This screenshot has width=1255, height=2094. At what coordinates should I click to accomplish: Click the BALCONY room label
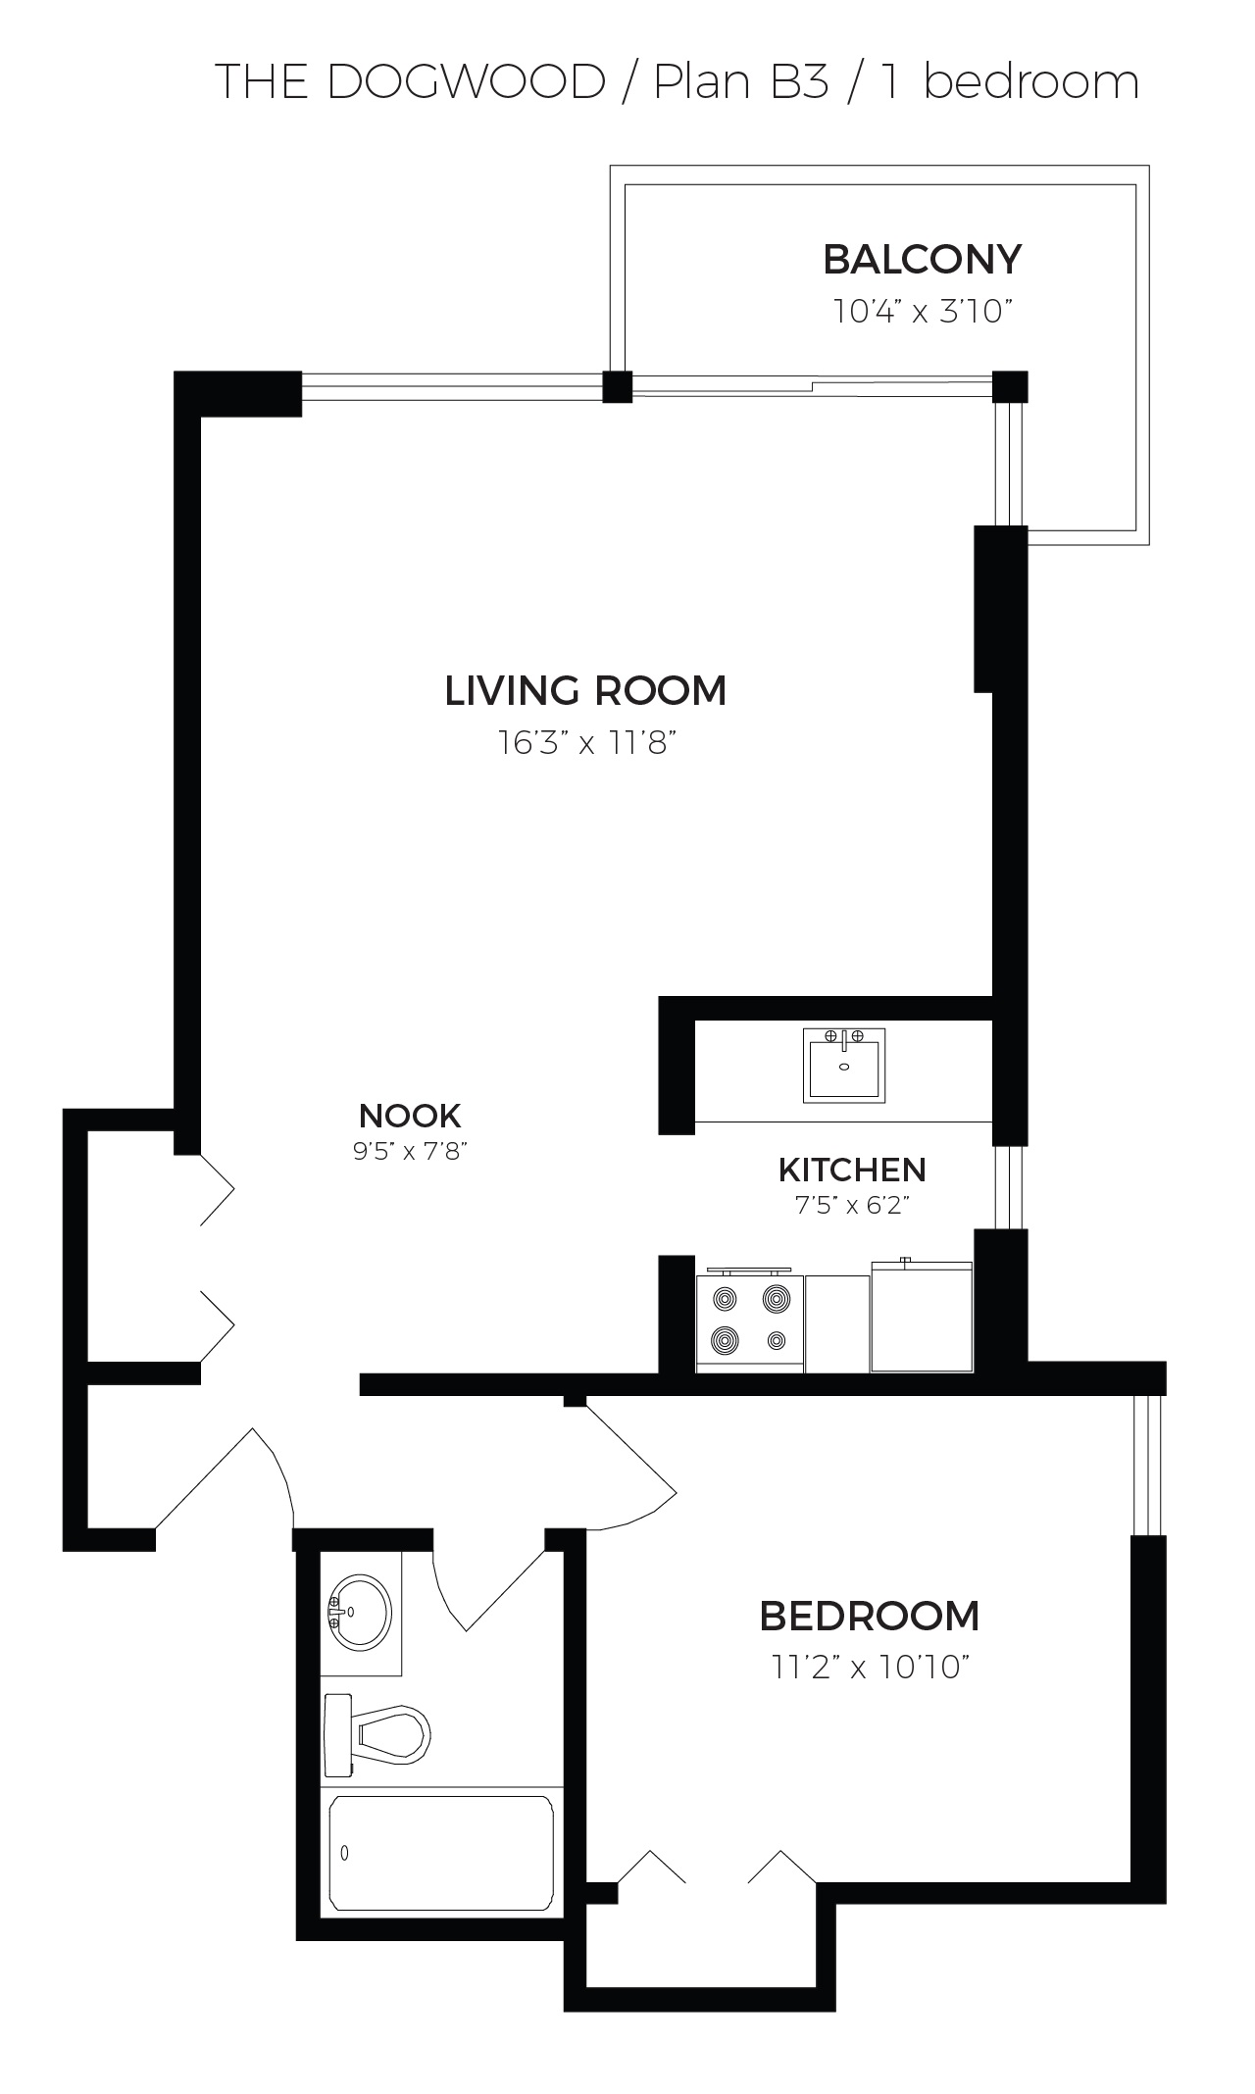coord(922,260)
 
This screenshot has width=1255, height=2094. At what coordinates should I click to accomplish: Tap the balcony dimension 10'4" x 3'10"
coord(922,312)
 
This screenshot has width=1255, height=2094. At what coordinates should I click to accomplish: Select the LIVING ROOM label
coord(585,690)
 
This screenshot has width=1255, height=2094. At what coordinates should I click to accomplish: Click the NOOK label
coord(410,1116)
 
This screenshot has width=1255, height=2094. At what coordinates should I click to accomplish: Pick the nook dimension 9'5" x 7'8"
coord(410,1151)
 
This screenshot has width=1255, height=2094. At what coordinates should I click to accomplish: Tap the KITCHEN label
coord(852,1170)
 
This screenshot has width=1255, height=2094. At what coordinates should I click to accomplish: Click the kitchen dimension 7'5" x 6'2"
coord(853,1205)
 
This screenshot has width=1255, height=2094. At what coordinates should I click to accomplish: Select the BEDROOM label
coord(870,1616)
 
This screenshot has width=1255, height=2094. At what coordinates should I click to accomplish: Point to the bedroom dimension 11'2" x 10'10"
coord(871,1668)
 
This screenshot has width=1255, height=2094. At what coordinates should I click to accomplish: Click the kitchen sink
coord(843,1065)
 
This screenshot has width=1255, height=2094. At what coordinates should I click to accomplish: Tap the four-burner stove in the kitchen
coord(750,1321)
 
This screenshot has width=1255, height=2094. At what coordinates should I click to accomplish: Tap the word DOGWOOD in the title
coord(466,82)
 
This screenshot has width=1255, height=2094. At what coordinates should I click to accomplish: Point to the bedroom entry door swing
coord(627,1465)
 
